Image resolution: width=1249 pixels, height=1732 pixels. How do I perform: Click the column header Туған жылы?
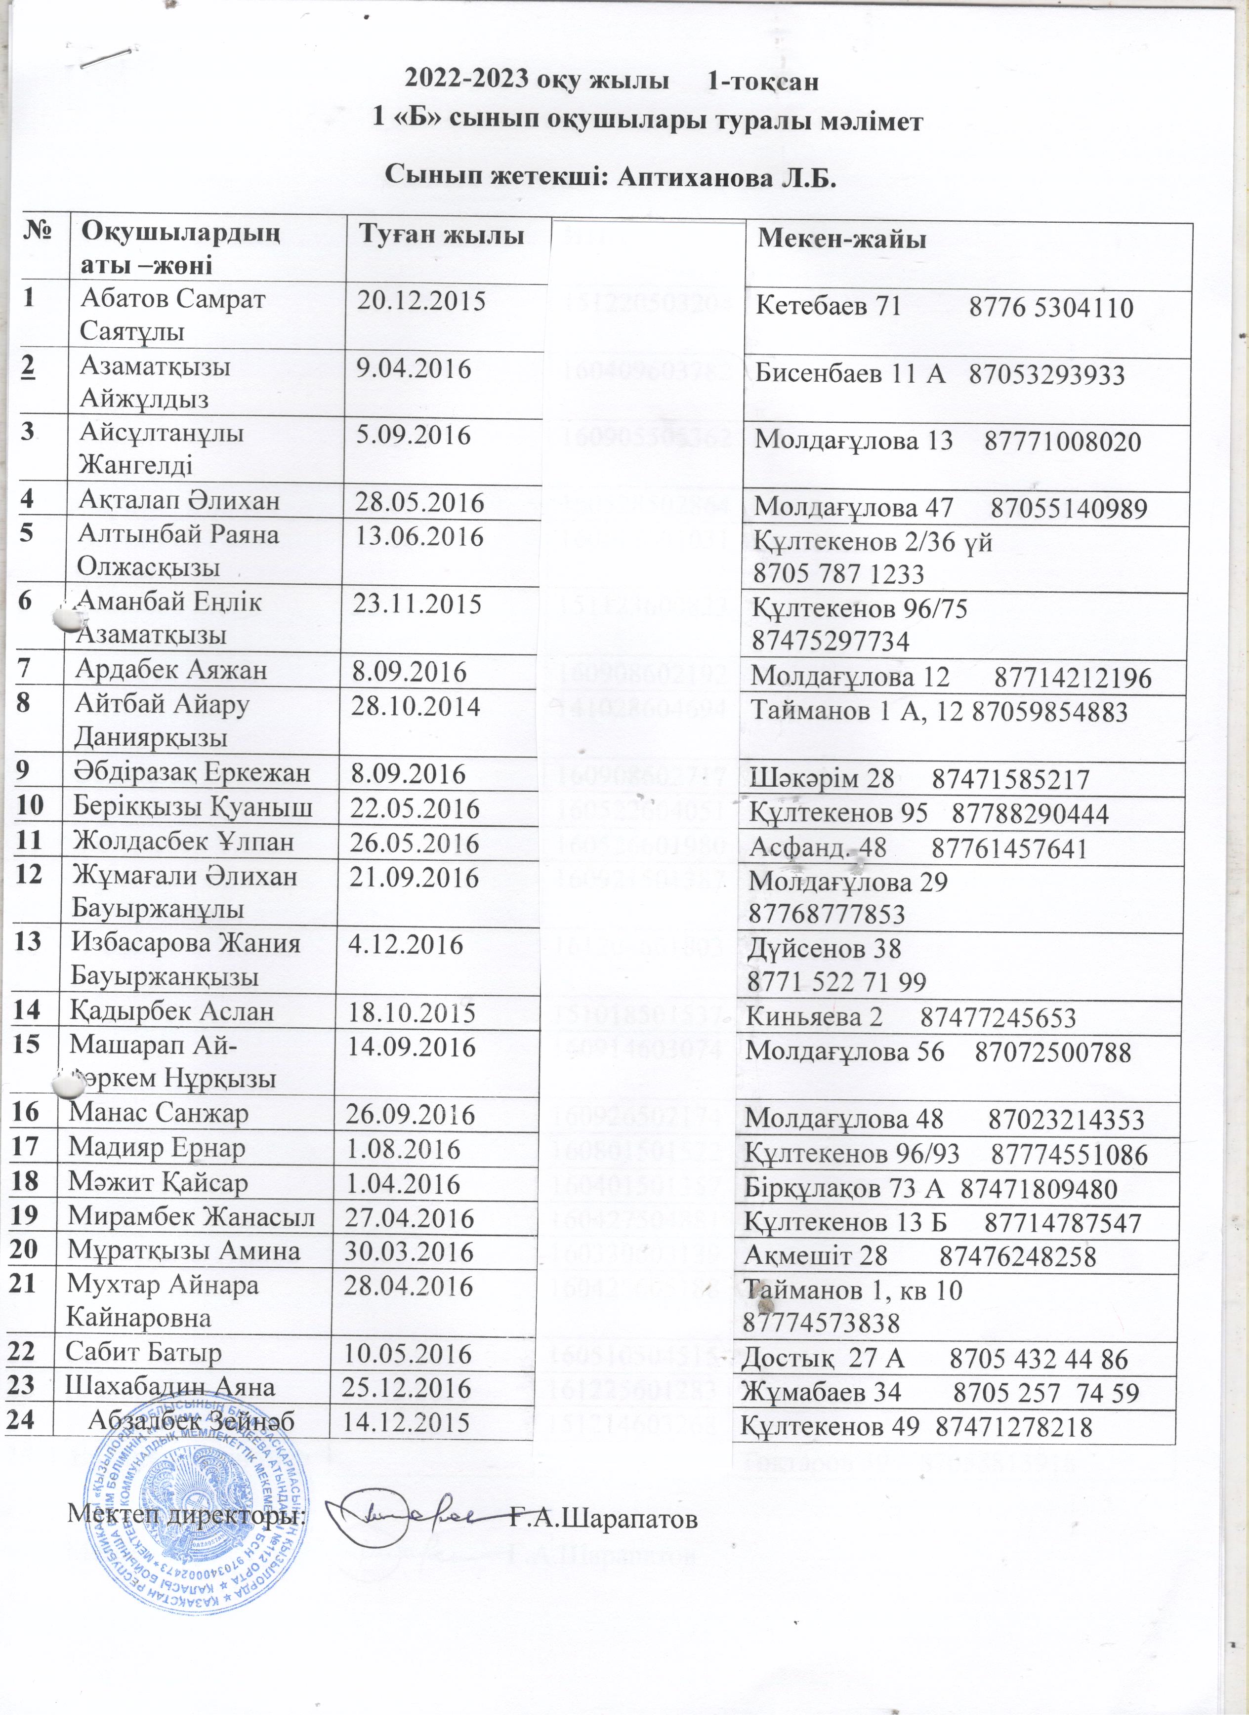(x=442, y=235)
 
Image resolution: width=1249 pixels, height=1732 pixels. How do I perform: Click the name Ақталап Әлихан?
(x=179, y=502)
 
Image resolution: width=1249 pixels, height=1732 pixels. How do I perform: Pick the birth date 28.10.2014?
(x=415, y=706)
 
